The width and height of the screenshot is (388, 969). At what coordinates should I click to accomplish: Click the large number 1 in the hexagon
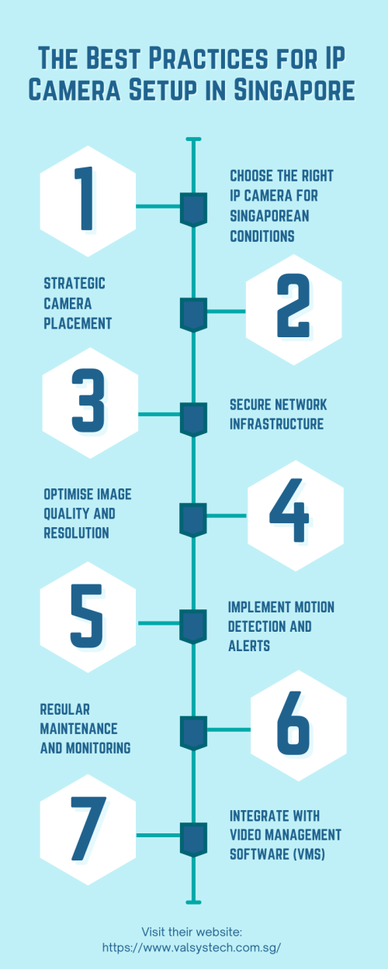point(85,198)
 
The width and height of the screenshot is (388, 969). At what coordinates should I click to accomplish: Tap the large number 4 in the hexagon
point(289,509)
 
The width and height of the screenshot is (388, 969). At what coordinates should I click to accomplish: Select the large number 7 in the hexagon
point(88,829)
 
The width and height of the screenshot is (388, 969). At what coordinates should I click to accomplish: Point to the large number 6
point(293,723)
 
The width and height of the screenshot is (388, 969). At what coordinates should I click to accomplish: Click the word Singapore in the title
point(294,90)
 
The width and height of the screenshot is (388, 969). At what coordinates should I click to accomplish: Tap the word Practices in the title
point(209,58)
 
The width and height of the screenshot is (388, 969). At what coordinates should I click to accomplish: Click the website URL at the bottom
point(192,948)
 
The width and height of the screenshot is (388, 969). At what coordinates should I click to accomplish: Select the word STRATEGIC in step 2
point(74,284)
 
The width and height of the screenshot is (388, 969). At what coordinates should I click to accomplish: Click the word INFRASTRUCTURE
point(276,424)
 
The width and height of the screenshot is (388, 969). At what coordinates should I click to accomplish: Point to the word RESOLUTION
point(76,533)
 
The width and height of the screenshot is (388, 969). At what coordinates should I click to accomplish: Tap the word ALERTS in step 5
point(249,646)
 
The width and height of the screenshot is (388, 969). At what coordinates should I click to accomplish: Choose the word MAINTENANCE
point(79,729)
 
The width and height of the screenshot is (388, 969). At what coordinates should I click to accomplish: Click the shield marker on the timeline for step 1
point(193,209)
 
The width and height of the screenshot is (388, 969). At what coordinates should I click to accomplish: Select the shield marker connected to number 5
point(193,626)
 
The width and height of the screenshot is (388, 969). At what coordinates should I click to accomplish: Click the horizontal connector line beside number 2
point(226,311)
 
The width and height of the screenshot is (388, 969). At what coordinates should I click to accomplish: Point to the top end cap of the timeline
point(193,140)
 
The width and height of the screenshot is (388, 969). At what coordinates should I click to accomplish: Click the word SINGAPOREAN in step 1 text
point(269,216)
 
